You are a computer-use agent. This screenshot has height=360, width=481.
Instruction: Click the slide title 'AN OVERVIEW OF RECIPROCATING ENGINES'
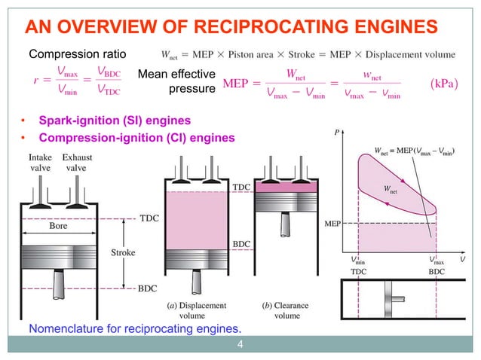(x=231, y=29)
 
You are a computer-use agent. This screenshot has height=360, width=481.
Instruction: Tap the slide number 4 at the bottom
(x=240, y=346)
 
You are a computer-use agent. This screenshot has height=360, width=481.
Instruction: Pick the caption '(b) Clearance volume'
(x=287, y=311)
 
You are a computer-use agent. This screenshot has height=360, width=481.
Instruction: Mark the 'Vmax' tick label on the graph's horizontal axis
(x=437, y=259)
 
